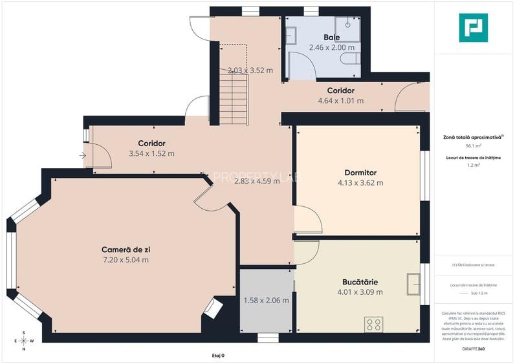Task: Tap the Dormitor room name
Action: click(360, 173)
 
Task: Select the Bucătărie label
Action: click(360, 282)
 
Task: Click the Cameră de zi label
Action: click(126, 250)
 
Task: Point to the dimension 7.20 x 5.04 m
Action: click(126, 260)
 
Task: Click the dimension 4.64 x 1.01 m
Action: click(340, 101)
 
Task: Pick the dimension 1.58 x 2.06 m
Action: click(266, 300)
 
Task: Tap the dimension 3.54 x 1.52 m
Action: click(151, 154)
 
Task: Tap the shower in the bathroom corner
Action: click(352, 25)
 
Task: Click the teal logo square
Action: click(473, 27)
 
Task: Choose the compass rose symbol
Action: click(24, 341)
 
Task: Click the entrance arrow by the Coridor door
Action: click(83, 155)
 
